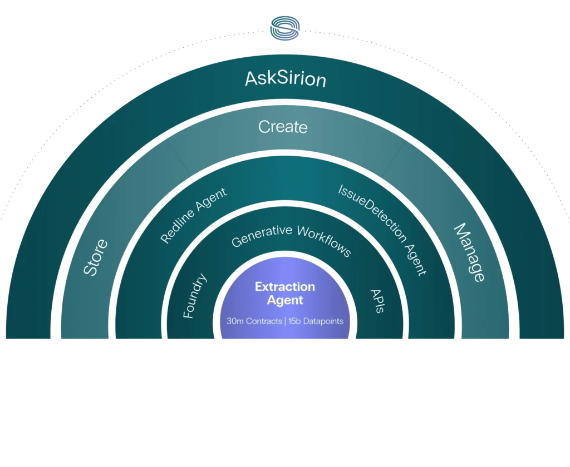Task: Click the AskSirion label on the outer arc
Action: [x=285, y=80]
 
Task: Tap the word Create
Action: [x=283, y=127]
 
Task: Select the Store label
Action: [x=96, y=257]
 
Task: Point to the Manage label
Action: [x=469, y=252]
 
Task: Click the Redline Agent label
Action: [x=193, y=216]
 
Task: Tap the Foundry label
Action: [x=195, y=296]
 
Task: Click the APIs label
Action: [x=377, y=301]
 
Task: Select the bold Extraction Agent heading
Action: [x=285, y=293]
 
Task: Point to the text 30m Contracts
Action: [x=254, y=321]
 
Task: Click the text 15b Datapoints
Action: [x=316, y=321]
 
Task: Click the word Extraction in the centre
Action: [x=285, y=287]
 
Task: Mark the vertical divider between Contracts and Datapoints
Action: [x=284, y=321]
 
